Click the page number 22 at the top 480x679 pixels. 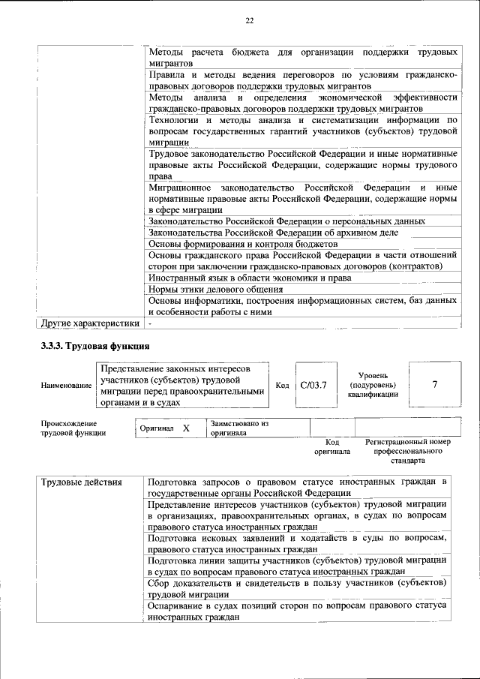(x=248, y=21)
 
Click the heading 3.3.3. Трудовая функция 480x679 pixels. (x=95, y=346)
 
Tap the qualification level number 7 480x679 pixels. (x=435, y=384)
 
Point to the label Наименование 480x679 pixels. (x=66, y=386)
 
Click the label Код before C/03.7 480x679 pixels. (x=282, y=385)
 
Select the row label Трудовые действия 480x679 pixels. (x=81, y=482)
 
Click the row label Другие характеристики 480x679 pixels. (x=90, y=323)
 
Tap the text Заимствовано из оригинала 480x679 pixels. (x=239, y=428)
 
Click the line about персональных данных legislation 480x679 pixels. (x=287, y=221)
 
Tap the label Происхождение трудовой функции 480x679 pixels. (x=73, y=428)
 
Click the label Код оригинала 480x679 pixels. (x=332, y=447)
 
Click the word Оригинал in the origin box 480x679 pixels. (x=157, y=428)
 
